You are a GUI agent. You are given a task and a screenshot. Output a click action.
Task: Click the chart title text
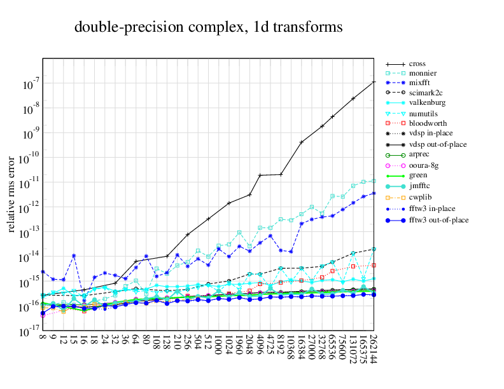click(209, 27)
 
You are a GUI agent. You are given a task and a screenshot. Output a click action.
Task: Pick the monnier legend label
click(423, 73)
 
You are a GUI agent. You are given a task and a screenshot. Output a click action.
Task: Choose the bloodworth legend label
click(428, 123)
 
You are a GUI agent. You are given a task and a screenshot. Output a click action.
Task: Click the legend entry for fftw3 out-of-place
click(438, 220)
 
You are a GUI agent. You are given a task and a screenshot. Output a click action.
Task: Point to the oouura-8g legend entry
click(424, 165)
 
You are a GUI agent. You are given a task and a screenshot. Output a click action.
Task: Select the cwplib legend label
click(421, 197)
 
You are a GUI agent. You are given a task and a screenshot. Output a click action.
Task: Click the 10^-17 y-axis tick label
click(29, 332)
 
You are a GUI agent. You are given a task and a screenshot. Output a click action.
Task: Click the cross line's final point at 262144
click(374, 81)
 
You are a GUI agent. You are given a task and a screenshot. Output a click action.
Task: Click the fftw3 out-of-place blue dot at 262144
click(374, 294)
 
